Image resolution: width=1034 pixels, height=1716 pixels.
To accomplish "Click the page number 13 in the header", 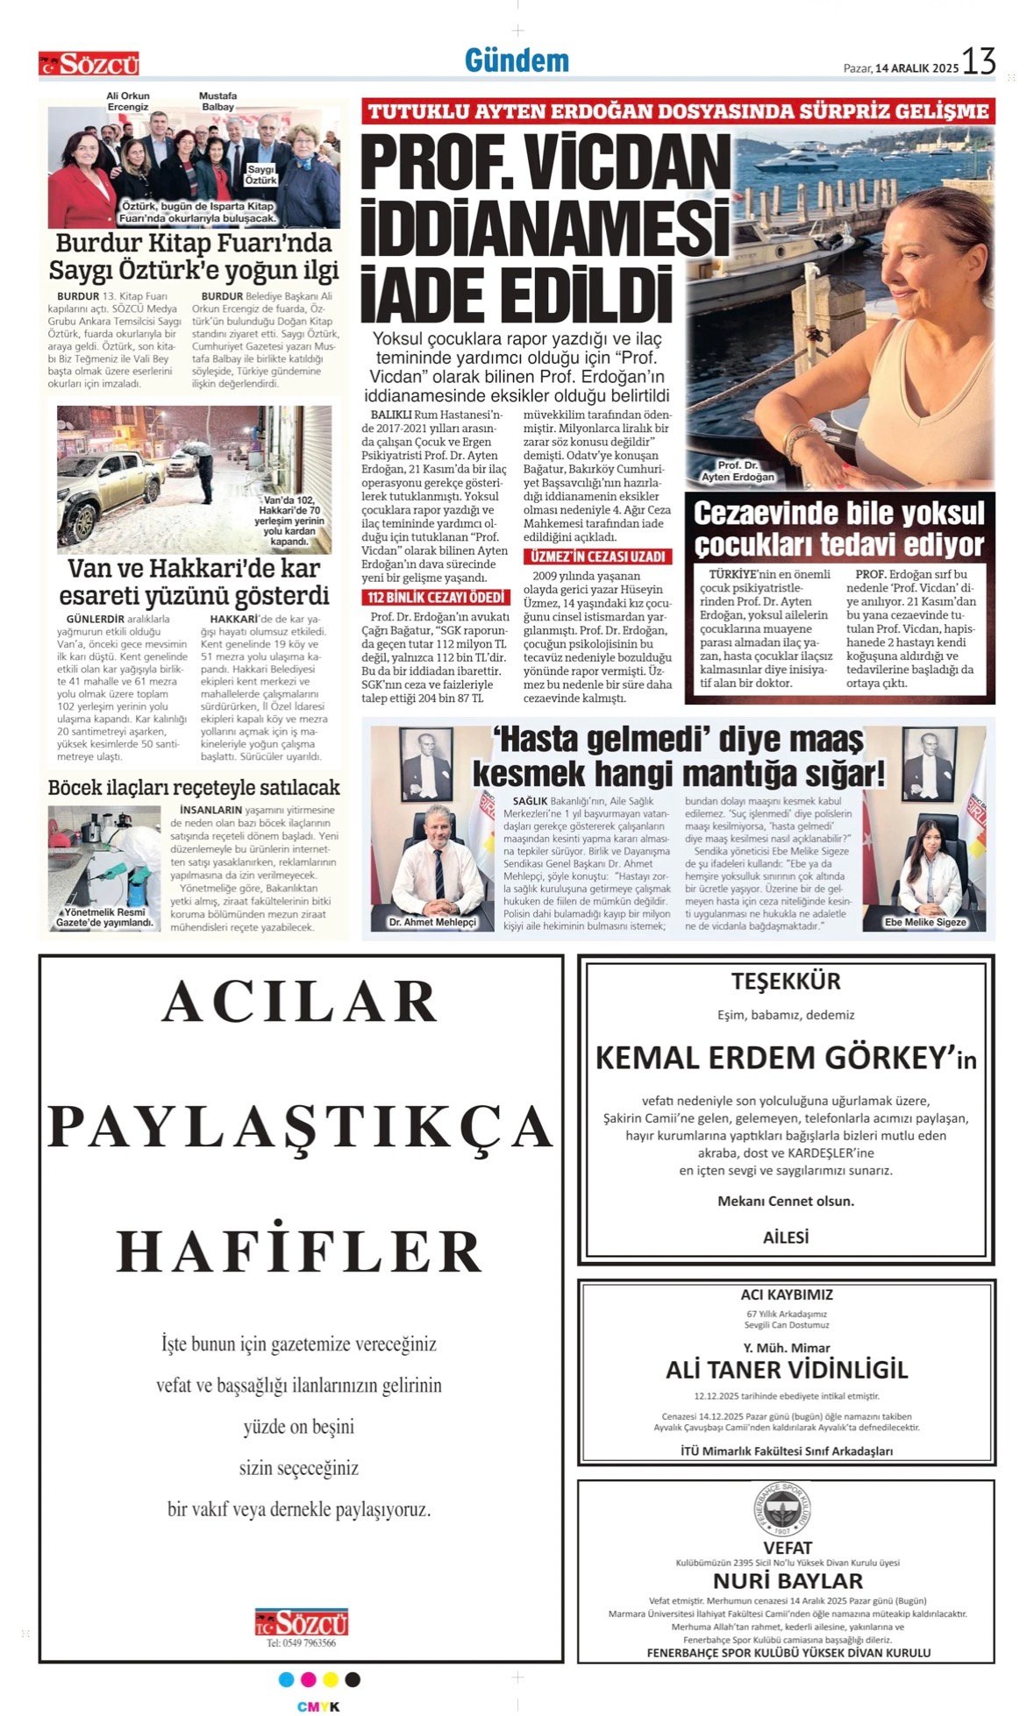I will click(x=979, y=62).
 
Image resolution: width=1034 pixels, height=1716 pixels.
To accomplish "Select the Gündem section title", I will click(x=517, y=60).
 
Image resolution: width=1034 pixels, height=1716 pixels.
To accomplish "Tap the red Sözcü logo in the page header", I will click(x=89, y=64).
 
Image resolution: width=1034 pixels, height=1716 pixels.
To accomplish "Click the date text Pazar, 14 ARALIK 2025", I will click(x=901, y=68).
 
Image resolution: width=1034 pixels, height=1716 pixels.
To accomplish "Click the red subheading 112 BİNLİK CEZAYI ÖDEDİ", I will click(x=435, y=598).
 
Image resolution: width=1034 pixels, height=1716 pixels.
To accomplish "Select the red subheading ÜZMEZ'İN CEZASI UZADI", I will click(x=598, y=557).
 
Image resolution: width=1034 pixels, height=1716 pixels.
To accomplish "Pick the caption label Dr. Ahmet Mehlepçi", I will click(x=432, y=922).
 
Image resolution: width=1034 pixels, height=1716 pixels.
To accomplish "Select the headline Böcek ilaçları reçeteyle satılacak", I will click(x=193, y=788).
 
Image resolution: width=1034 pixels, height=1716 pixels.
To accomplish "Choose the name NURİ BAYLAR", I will click(x=787, y=1581).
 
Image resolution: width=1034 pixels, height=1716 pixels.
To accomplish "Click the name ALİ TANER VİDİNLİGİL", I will click(x=786, y=1370).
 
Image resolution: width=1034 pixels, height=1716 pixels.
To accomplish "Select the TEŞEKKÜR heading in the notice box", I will click(x=786, y=982).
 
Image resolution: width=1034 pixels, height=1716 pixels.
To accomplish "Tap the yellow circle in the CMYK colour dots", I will click(x=331, y=1680).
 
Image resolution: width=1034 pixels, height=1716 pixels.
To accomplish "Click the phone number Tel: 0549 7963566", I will click(x=301, y=1643).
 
